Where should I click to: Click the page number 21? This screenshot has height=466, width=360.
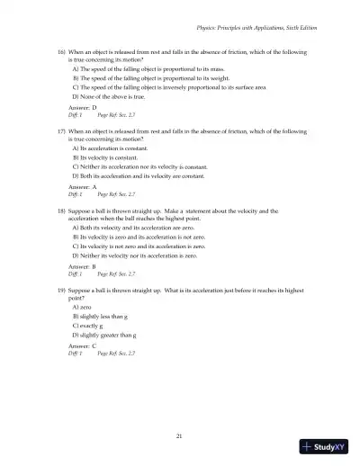tap(180, 435)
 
